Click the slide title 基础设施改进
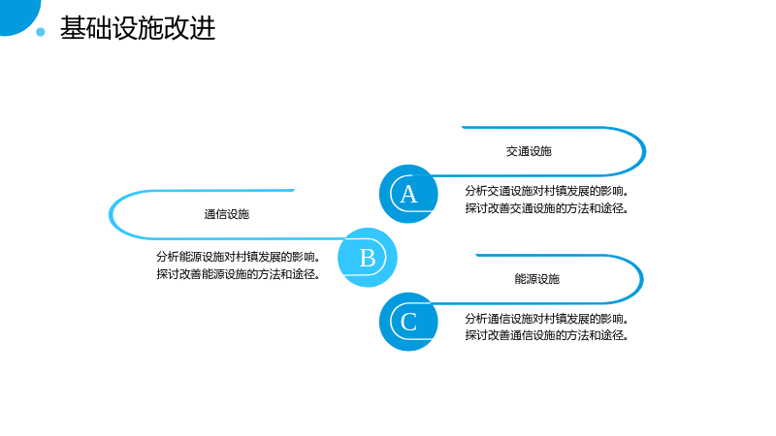pyautogui.click(x=138, y=28)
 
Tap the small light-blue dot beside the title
pyautogui.click(x=41, y=32)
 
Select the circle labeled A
pyautogui.click(x=408, y=194)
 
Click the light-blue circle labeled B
pyautogui.click(x=368, y=258)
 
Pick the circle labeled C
pyautogui.click(x=408, y=322)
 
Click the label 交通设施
pyautogui.click(x=529, y=151)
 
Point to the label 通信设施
pyautogui.click(x=227, y=214)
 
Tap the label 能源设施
pyautogui.click(x=537, y=279)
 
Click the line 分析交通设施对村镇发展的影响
pyautogui.click(x=546, y=191)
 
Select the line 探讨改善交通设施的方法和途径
pyautogui.click(x=546, y=208)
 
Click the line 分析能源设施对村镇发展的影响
pyautogui.click(x=238, y=257)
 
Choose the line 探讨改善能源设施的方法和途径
pyautogui.click(x=238, y=274)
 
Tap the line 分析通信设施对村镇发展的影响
pyautogui.click(x=546, y=319)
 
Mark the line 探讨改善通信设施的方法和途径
pyautogui.click(x=546, y=335)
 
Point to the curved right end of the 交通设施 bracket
pyautogui.click(x=644, y=151)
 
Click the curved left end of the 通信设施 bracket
pyautogui.click(x=111, y=214)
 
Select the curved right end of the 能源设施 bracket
pyautogui.click(x=642, y=279)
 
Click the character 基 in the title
pyautogui.click(x=73, y=28)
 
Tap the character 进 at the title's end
pyautogui.click(x=203, y=28)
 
